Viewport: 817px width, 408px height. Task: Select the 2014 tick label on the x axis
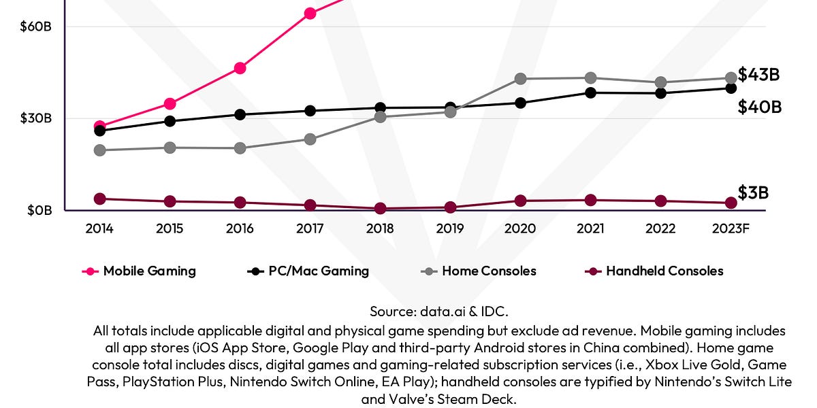[x=99, y=228]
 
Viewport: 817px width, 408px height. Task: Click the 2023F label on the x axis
[x=730, y=228]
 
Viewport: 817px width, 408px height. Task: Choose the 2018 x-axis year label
[x=380, y=228]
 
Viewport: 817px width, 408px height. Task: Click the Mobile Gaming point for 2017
[x=310, y=13]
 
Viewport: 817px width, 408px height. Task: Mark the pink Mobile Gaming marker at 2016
[x=240, y=68]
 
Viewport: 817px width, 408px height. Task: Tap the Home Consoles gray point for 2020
[x=520, y=79]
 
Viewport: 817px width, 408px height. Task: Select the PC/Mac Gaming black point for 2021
[x=590, y=92]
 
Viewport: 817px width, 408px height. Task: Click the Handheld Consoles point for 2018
[x=380, y=209]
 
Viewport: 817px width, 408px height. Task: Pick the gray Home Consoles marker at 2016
[x=240, y=148]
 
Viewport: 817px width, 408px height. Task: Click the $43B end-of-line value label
[x=758, y=75]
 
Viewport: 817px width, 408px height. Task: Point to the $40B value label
[x=759, y=107]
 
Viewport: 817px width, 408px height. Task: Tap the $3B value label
[x=753, y=192]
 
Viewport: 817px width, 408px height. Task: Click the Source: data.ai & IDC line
[x=439, y=311]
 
